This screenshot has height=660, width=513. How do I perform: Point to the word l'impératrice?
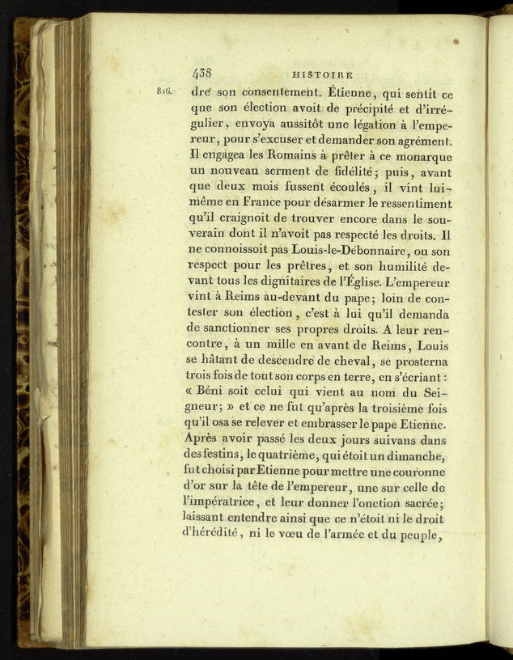[x=230, y=505]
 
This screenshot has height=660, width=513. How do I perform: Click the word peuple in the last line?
[x=421, y=536]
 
